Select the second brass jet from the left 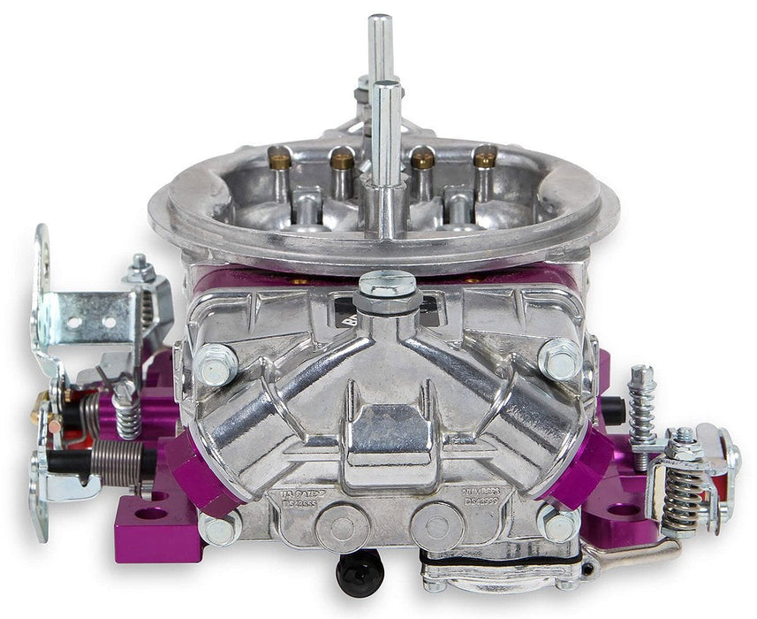pos(342,158)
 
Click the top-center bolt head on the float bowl pos(387,285)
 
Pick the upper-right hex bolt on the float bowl pos(559,358)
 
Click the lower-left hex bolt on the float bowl pos(219,527)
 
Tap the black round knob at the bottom pos(360,571)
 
